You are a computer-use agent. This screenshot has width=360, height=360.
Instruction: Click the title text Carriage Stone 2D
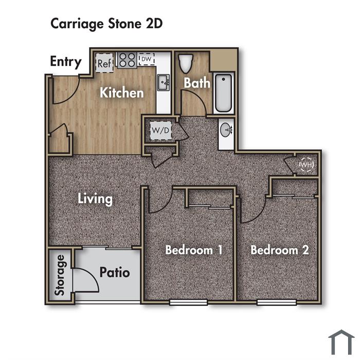[x=106, y=24]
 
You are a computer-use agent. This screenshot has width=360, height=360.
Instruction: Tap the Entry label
[x=66, y=62]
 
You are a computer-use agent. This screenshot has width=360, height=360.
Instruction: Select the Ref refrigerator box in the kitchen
[x=104, y=63]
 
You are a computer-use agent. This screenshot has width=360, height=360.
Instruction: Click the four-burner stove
[x=127, y=60]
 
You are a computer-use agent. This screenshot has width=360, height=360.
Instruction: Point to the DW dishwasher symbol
[x=147, y=59]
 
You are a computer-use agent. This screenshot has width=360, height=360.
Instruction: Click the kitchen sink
[x=164, y=82]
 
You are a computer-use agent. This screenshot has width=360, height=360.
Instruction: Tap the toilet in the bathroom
[x=186, y=63]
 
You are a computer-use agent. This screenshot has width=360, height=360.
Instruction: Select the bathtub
[x=223, y=93]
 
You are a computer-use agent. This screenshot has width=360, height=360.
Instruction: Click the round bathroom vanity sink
[x=226, y=130]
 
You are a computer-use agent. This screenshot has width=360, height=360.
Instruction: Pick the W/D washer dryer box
[x=160, y=131]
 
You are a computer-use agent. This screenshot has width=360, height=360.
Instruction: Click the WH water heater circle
[x=307, y=165]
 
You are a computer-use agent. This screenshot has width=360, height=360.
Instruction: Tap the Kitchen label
[x=122, y=93]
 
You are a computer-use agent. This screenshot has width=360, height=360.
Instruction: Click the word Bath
[x=197, y=83]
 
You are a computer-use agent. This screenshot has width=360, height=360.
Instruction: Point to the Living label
[x=95, y=199]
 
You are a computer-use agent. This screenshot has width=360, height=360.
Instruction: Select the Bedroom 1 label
[x=194, y=250]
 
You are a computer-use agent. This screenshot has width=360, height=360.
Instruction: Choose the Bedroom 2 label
[x=280, y=250]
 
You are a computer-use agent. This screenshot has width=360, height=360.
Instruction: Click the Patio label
[x=115, y=272]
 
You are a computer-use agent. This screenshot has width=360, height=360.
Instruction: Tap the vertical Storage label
[x=60, y=275]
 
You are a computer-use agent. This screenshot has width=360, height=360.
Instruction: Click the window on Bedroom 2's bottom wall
[x=277, y=302]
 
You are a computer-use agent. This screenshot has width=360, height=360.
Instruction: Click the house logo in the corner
[x=341, y=343]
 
